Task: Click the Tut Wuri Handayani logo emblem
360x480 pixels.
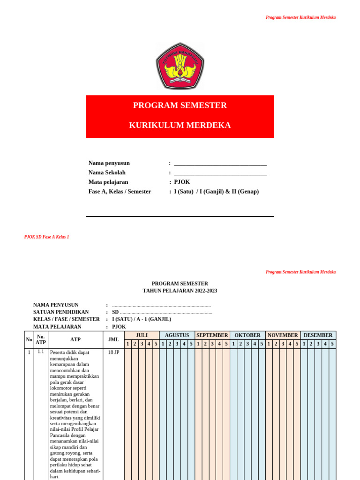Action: click(x=180, y=66)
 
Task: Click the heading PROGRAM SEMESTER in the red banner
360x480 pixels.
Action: click(x=180, y=105)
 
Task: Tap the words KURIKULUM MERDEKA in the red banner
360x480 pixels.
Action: click(x=180, y=126)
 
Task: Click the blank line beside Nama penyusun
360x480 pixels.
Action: click(x=220, y=164)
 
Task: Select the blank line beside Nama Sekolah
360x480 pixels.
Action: click(x=220, y=173)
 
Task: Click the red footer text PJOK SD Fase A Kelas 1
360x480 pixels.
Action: click(x=46, y=237)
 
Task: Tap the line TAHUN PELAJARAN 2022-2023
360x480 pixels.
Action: click(x=180, y=291)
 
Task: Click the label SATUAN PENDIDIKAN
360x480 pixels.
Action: click(x=61, y=312)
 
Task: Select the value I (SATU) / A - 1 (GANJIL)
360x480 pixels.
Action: click(x=142, y=319)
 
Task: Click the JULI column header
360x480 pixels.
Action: click(x=142, y=335)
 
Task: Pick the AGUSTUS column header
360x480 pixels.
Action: click(x=177, y=335)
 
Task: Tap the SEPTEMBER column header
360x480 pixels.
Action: click(x=212, y=335)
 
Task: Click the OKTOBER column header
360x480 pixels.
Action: click(x=247, y=335)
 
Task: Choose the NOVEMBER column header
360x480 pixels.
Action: click(x=283, y=335)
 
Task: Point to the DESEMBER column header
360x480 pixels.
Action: click(x=318, y=335)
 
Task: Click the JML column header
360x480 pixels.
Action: click(x=113, y=339)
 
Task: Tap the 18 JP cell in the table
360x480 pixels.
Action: click(x=113, y=352)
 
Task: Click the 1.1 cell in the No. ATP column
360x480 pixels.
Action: click(x=41, y=352)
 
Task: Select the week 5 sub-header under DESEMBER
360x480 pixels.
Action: click(x=332, y=344)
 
